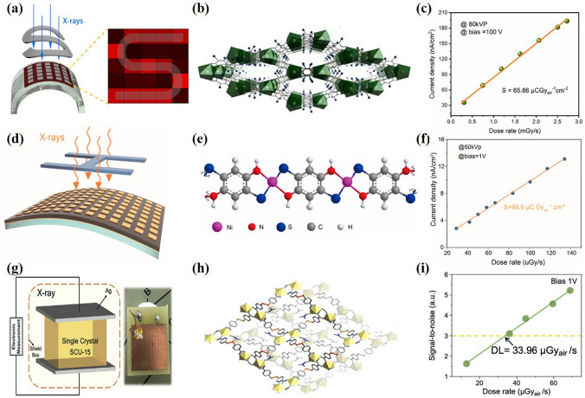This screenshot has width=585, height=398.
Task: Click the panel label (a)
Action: coord(14,11)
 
